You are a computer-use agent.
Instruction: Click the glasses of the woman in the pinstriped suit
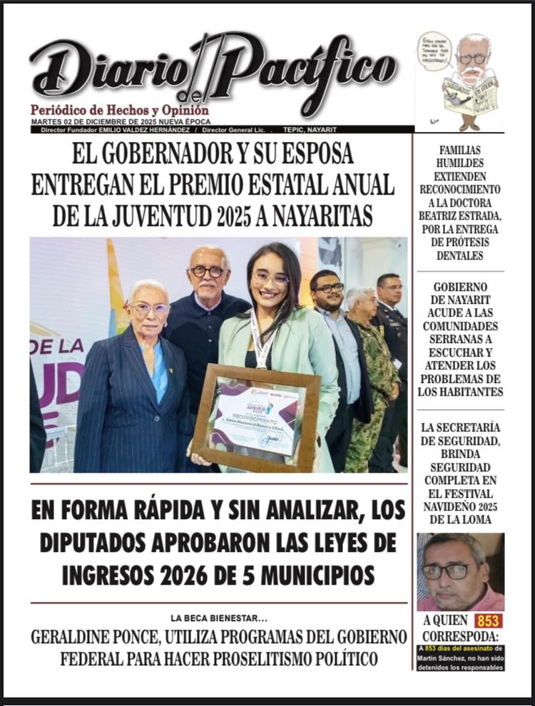pyautogui.click(x=149, y=308)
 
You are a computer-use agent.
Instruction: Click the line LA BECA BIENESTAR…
pyautogui.click(x=218, y=618)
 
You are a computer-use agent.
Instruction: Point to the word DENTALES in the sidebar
pyautogui.click(x=459, y=255)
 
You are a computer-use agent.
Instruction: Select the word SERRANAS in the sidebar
pyautogui.click(x=459, y=339)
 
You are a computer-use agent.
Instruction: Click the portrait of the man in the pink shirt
pyautogui.click(x=460, y=571)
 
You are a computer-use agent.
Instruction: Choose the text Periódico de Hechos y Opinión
pyautogui.click(x=119, y=111)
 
